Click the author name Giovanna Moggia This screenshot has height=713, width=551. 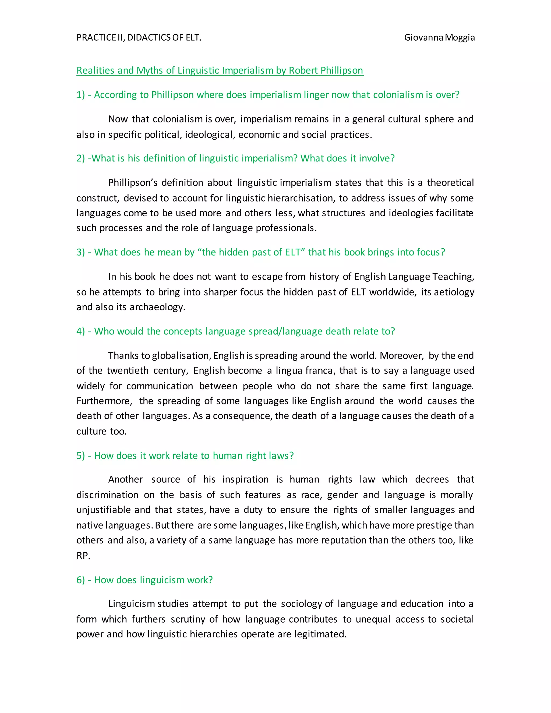point(439,38)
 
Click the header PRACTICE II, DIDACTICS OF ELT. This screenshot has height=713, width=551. point(139,38)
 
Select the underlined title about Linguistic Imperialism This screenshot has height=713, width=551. point(220,70)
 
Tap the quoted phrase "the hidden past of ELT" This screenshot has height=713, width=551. point(252,252)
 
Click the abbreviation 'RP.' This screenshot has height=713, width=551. point(83,556)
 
